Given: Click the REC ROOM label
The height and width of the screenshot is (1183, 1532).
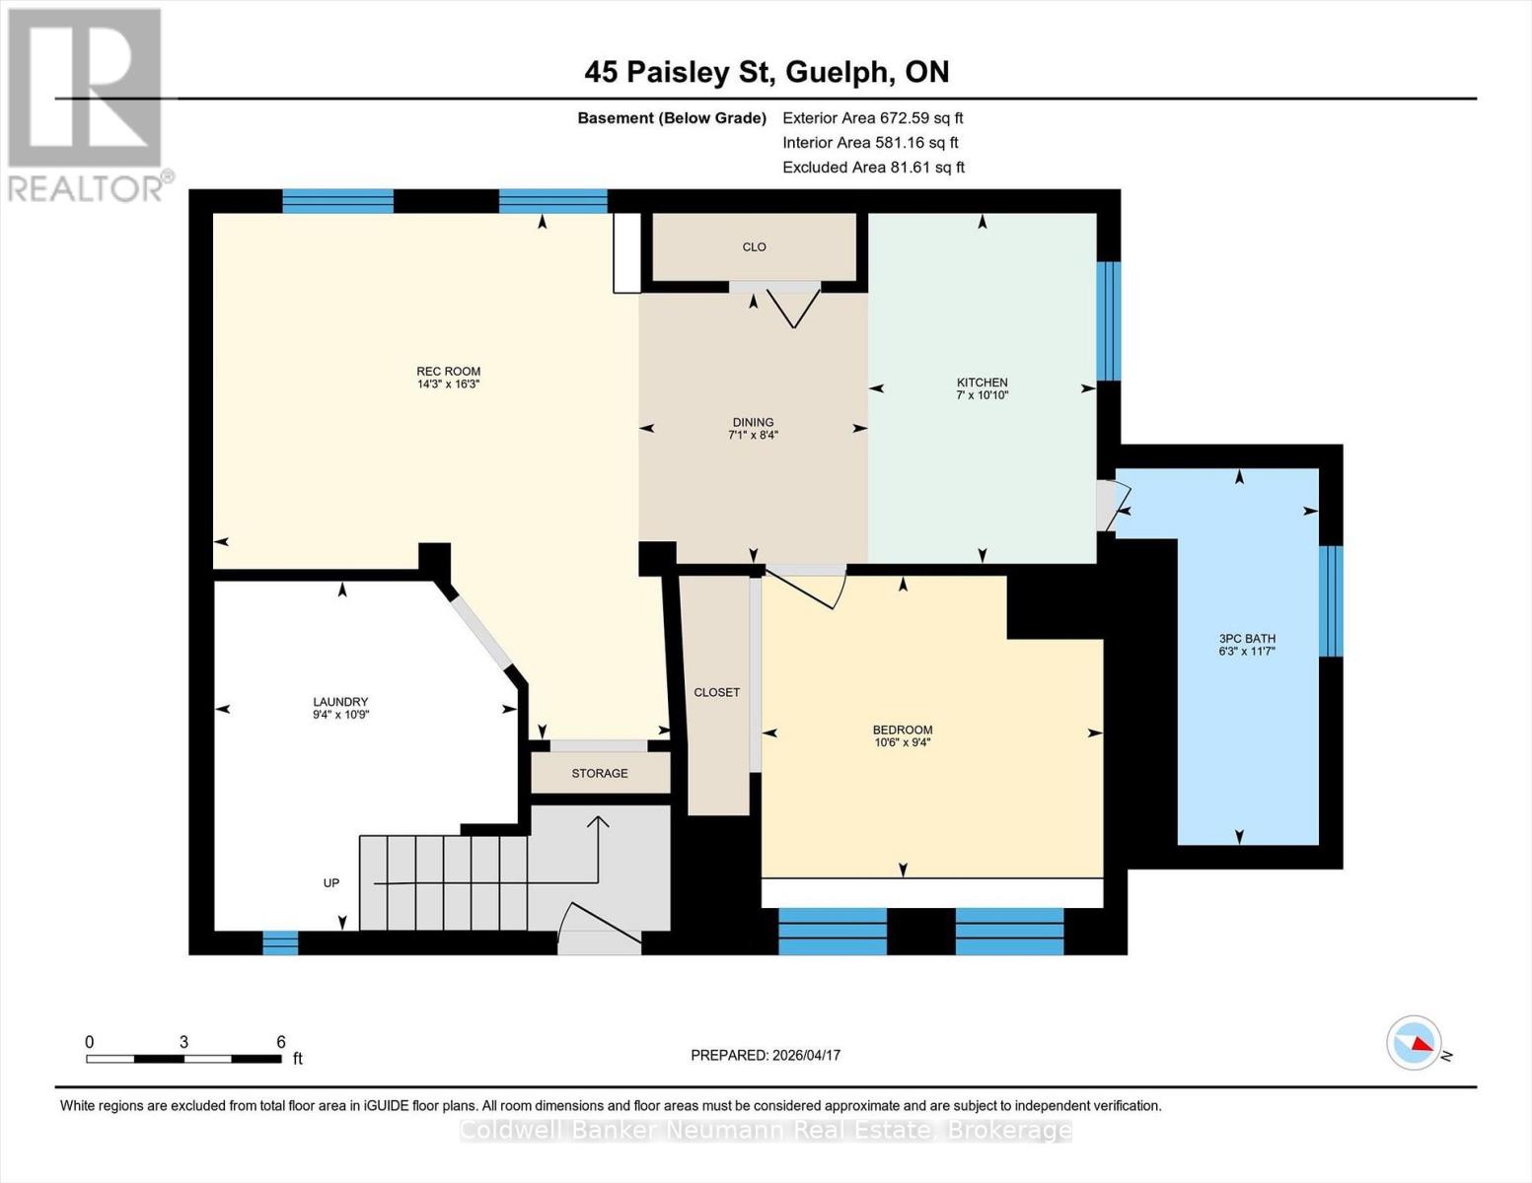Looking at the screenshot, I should click(448, 372).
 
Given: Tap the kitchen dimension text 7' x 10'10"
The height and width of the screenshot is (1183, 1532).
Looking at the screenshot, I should click(982, 395).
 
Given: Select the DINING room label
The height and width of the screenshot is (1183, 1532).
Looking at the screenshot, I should click(753, 422).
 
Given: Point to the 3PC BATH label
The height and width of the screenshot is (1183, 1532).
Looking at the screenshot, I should click(1247, 638).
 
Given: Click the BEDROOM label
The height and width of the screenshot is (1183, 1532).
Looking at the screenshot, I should click(902, 730).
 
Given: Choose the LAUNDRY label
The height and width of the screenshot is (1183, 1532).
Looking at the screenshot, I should click(340, 702).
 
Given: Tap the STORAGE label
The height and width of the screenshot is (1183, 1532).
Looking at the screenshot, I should click(600, 773).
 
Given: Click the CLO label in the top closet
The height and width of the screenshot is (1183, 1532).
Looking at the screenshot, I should click(754, 247).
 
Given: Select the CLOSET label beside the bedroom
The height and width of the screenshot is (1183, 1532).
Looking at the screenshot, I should click(716, 692).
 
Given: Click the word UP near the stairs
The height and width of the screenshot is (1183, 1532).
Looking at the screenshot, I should click(331, 882).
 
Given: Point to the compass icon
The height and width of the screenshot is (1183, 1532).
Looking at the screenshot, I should click(1415, 1042).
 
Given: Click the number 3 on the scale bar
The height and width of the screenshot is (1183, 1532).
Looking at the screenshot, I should click(183, 1042).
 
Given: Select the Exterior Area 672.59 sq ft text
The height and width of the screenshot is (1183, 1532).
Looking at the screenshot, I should click(872, 117).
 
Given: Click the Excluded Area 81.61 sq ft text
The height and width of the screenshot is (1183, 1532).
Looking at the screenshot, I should click(873, 168).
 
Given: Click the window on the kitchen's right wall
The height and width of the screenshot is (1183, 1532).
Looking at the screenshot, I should click(1109, 320).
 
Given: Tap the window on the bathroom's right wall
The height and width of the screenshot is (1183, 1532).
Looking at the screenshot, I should click(1331, 600).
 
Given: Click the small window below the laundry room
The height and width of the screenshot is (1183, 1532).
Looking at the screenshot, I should click(280, 942).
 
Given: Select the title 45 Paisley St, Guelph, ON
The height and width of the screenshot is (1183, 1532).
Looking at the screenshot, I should click(766, 72).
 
